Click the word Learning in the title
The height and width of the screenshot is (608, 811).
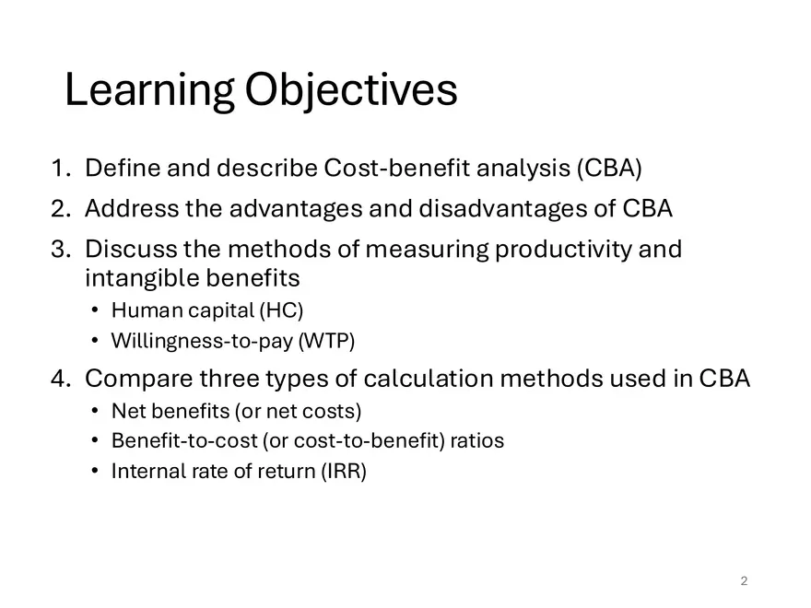tap(149, 90)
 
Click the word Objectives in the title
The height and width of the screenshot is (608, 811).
tap(351, 90)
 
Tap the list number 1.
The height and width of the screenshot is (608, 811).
tap(61, 168)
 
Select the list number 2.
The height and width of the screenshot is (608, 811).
tap(61, 208)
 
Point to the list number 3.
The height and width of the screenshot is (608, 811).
tap(61, 249)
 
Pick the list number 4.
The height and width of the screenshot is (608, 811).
tap(61, 378)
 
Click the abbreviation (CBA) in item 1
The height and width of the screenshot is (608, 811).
tap(609, 168)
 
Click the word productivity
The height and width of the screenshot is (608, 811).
tap(563, 250)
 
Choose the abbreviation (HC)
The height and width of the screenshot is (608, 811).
tap(281, 310)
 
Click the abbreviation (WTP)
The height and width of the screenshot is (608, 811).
tap(327, 341)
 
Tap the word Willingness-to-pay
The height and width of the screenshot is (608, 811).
tap(202, 341)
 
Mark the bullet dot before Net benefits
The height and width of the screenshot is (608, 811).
tap(94, 411)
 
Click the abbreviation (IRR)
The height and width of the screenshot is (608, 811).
tap(344, 471)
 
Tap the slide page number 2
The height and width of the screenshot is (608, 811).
tap(744, 580)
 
